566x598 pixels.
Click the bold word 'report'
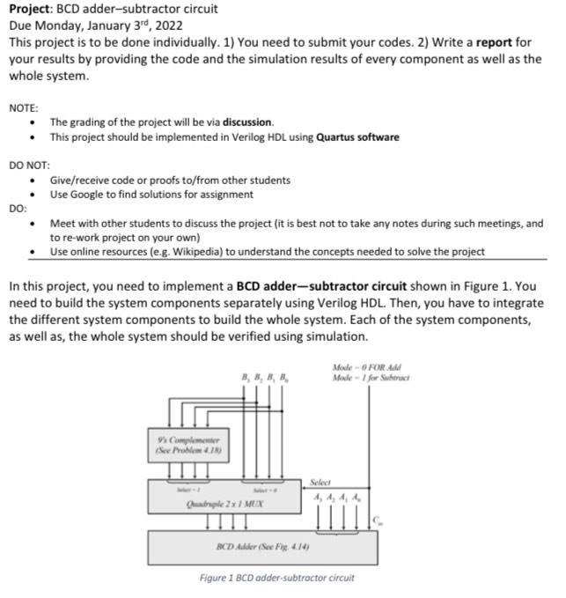coord(498,42)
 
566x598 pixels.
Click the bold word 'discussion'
coord(247,122)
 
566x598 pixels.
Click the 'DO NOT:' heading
coord(29,165)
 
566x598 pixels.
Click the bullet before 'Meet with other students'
coord(33,224)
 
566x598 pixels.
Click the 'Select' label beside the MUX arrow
coord(320,483)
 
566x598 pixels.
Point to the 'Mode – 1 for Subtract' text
coord(371,378)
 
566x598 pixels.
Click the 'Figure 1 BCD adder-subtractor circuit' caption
coord(277,579)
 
